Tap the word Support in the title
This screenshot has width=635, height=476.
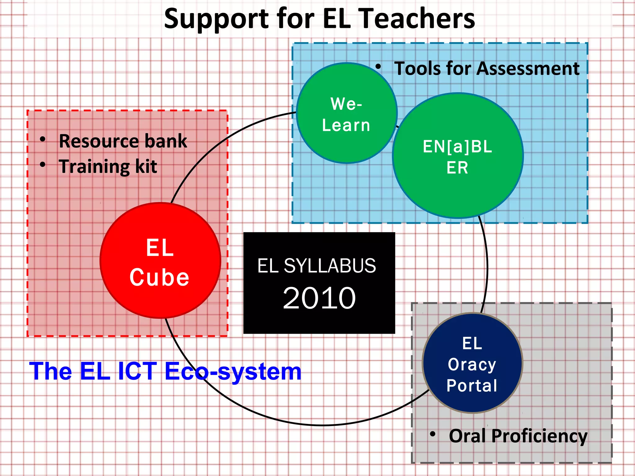216,19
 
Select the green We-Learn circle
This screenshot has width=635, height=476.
347,113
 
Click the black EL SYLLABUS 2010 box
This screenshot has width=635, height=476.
319,283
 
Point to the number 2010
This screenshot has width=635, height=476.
319,298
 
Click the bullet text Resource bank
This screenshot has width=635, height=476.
123,141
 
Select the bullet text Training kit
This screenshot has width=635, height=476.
108,167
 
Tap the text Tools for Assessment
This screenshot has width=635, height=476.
486,68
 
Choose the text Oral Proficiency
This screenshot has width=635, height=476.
518,436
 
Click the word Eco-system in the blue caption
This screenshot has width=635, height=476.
233,372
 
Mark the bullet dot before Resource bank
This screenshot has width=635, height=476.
43,139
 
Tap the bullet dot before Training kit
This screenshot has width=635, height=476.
43,165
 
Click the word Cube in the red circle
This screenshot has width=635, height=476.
159,277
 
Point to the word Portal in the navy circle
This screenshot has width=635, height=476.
472,386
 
